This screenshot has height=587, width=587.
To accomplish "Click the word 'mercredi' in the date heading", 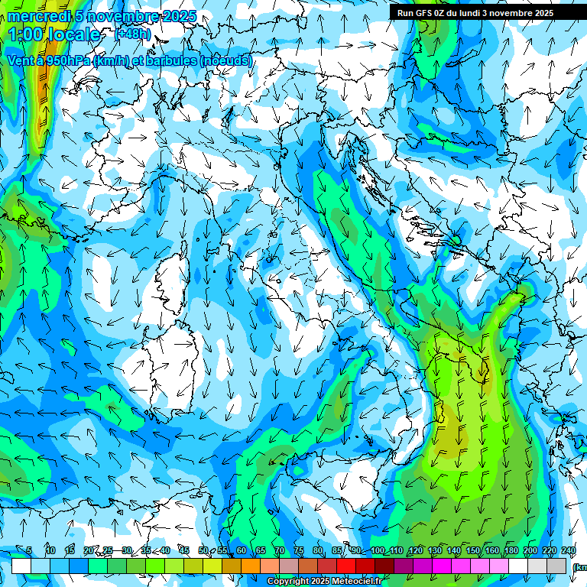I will [34, 16].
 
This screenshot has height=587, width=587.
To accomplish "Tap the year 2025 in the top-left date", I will [179, 16].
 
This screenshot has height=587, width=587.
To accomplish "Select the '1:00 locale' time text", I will [54, 34].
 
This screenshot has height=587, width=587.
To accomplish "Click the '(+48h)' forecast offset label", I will [132, 34].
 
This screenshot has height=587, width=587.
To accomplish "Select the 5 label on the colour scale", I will [29, 551].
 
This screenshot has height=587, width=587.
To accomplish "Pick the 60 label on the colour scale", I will [242, 551].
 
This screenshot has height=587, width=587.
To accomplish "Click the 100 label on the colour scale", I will [378, 551].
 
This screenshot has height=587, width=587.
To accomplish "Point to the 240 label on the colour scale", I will [568, 551].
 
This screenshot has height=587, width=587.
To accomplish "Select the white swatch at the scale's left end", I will [21, 566].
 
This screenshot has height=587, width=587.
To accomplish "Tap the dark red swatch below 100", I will [384, 566].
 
